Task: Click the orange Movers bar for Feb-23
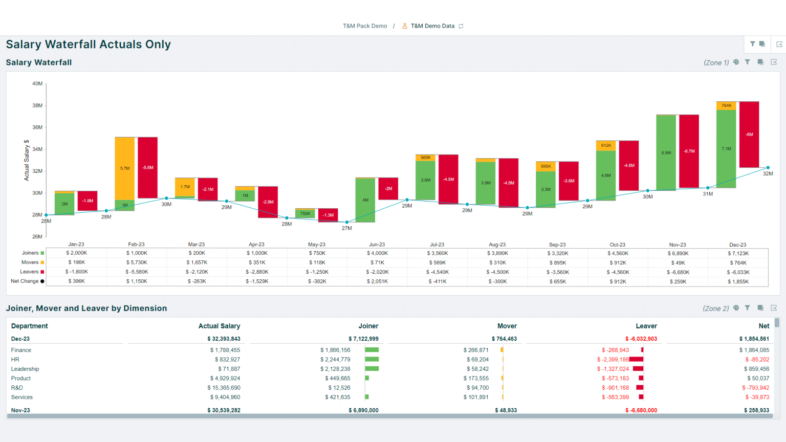pyautogui.click(x=124, y=168)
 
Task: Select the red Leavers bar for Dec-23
pyautogui.click(x=749, y=135)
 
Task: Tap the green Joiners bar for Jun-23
pyautogui.click(x=365, y=200)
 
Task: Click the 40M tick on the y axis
pyautogui.click(x=37, y=83)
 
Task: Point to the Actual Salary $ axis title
pyautogui.click(x=27, y=160)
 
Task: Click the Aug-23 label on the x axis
pyautogui.click(x=497, y=245)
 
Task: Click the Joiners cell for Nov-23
pyautogui.click(x=678, y=253)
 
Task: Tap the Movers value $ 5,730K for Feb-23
pyautogui.click(x=137, y=262)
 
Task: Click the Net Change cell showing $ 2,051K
pyautogui.click(x=377, y=281)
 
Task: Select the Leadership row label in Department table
pyautogui.click(x=25, y=369)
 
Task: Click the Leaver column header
pyautogui.click(x=646, y=326)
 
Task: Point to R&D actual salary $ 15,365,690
pyautogui.click(x=224, y=388)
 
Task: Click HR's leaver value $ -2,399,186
pyautogui.click(x=613, y=360)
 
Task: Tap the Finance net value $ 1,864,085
pyautogui.click(x=754, y=350)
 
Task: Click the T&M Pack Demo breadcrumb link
pyautogui.click(x=365, y=26)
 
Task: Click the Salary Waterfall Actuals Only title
pyautogui.click(x=89, y=45)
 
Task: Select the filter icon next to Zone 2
pyautogui.click(x=748, y=308)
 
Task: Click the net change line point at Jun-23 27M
pyautogui.click(x=347, y=222)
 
